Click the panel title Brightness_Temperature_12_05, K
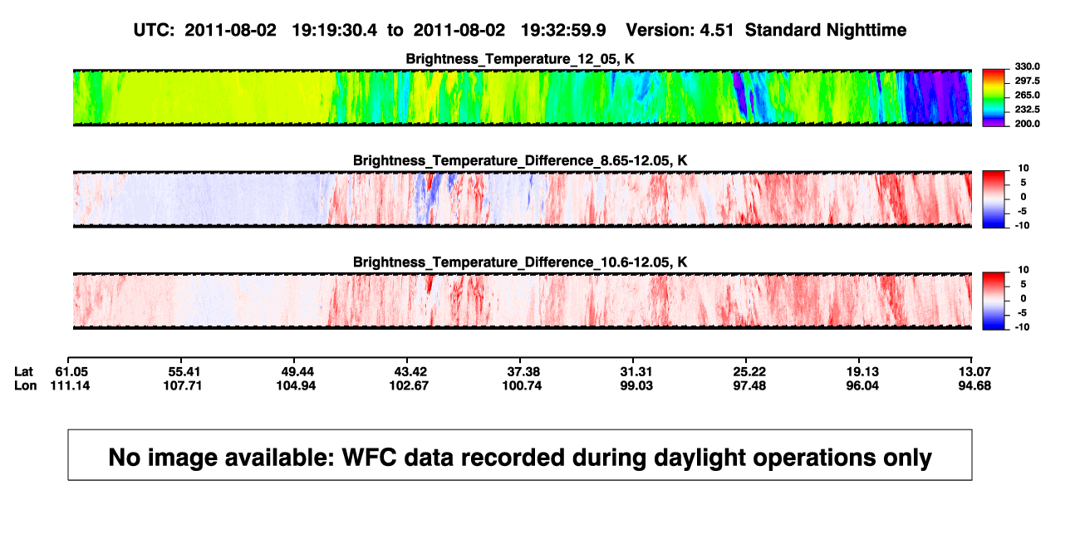pos(520,59)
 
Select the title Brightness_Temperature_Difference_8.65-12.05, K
pos(520,160)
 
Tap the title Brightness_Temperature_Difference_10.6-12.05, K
pos(520,262)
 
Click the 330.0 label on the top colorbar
pos(1027,66)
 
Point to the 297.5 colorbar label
pos(1027,81)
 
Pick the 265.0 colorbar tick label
pos(1027,95)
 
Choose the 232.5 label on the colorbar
pos(1027,110)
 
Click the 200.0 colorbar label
pos(1027,124)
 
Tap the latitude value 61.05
pos(71,372)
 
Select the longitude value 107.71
pos(182,385)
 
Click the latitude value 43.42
pos(410,372)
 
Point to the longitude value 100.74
pos(522,385)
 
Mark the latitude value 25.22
pos(749,372)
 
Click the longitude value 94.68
pos(974,385)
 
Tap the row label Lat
pos(23,372)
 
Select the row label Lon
pos(25,385)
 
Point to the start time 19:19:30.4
pos(335,31)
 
